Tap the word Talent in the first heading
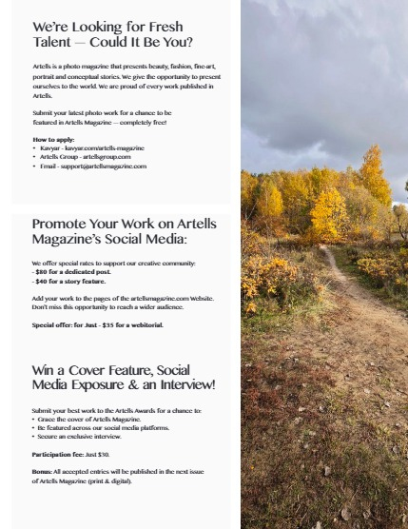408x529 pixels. click(56, 43)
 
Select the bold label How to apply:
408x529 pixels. click(53, 139)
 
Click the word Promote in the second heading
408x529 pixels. click(66, 224)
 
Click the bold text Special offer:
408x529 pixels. click(54, 324)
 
